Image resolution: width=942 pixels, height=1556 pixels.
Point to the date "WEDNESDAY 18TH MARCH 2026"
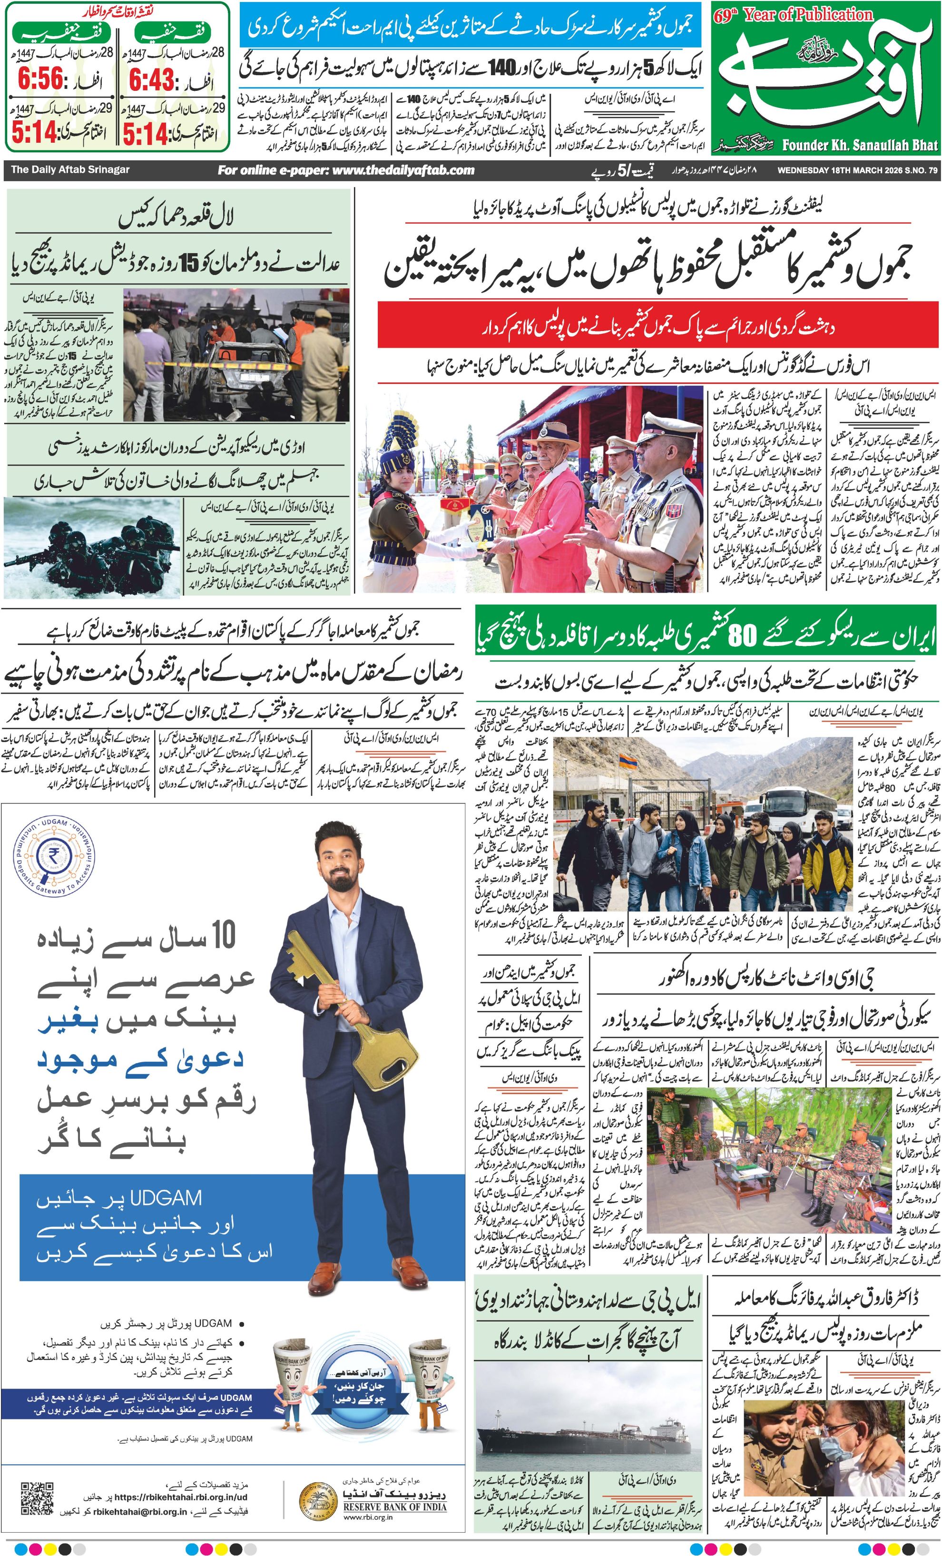click(840, 170)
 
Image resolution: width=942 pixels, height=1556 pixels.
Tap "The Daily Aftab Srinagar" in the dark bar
click(70, 170)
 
